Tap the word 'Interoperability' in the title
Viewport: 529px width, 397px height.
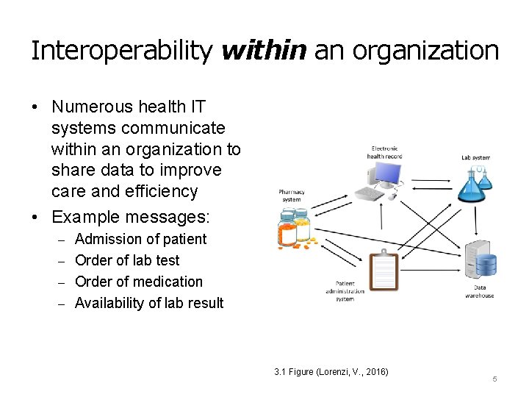pyautogui.click(x=121, y=51)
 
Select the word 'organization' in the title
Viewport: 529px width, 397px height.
pyautogui.click(x=425, y=51)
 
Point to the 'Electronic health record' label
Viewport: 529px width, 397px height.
pyautogui.click(x=384, y=152)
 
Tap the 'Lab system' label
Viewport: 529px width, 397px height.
pyautogui.click(x=475, y=157)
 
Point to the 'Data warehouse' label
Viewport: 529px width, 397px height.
pyautogui.click(x=479, y=292)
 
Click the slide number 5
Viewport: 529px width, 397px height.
pyautogui.click(x=494, y=379)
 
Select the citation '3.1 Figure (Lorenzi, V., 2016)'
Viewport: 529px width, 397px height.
pyautogui.click(x=331, y=372)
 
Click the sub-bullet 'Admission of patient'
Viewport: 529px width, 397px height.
pyautogui.click(x=140, y=239)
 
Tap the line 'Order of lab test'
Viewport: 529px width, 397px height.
pyautogui.click(x=126, y=260)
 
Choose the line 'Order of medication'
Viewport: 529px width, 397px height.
pyautogui.click(x=138, y=282)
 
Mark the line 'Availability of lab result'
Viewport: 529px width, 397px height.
pyautogui.click(x=148, y=303)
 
